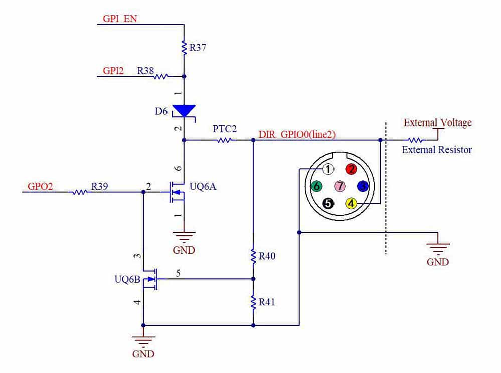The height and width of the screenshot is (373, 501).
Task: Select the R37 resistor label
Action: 197,49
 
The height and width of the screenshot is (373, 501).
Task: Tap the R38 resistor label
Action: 145,71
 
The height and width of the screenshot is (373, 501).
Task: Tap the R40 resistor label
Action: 267,256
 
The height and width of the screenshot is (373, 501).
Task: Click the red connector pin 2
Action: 352,169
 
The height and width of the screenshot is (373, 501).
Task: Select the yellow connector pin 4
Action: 351,203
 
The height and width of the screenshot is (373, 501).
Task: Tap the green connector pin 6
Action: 316,186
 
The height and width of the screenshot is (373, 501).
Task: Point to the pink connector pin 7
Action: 340,186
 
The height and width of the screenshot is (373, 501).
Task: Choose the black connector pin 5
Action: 328,203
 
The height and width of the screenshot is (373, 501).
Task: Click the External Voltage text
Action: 438,122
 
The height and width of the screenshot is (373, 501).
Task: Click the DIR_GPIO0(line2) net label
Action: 296,135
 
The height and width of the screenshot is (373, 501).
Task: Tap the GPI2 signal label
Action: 113,71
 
